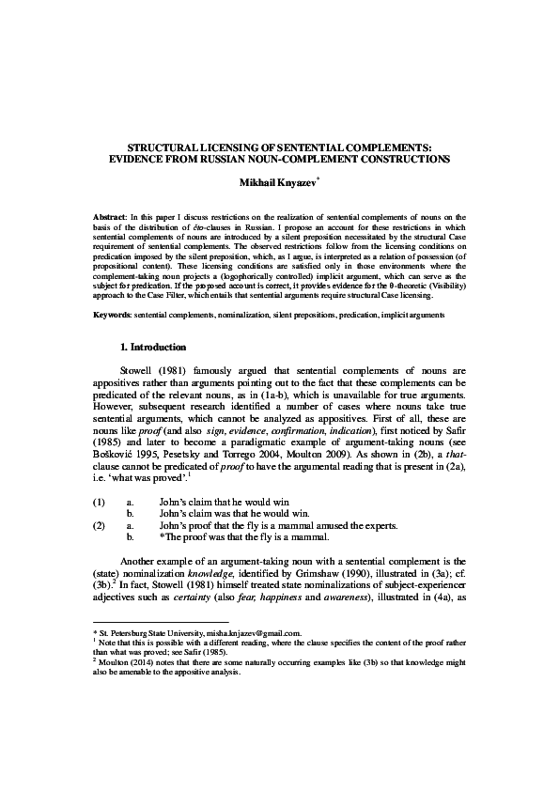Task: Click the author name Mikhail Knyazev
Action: [278, 179]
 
